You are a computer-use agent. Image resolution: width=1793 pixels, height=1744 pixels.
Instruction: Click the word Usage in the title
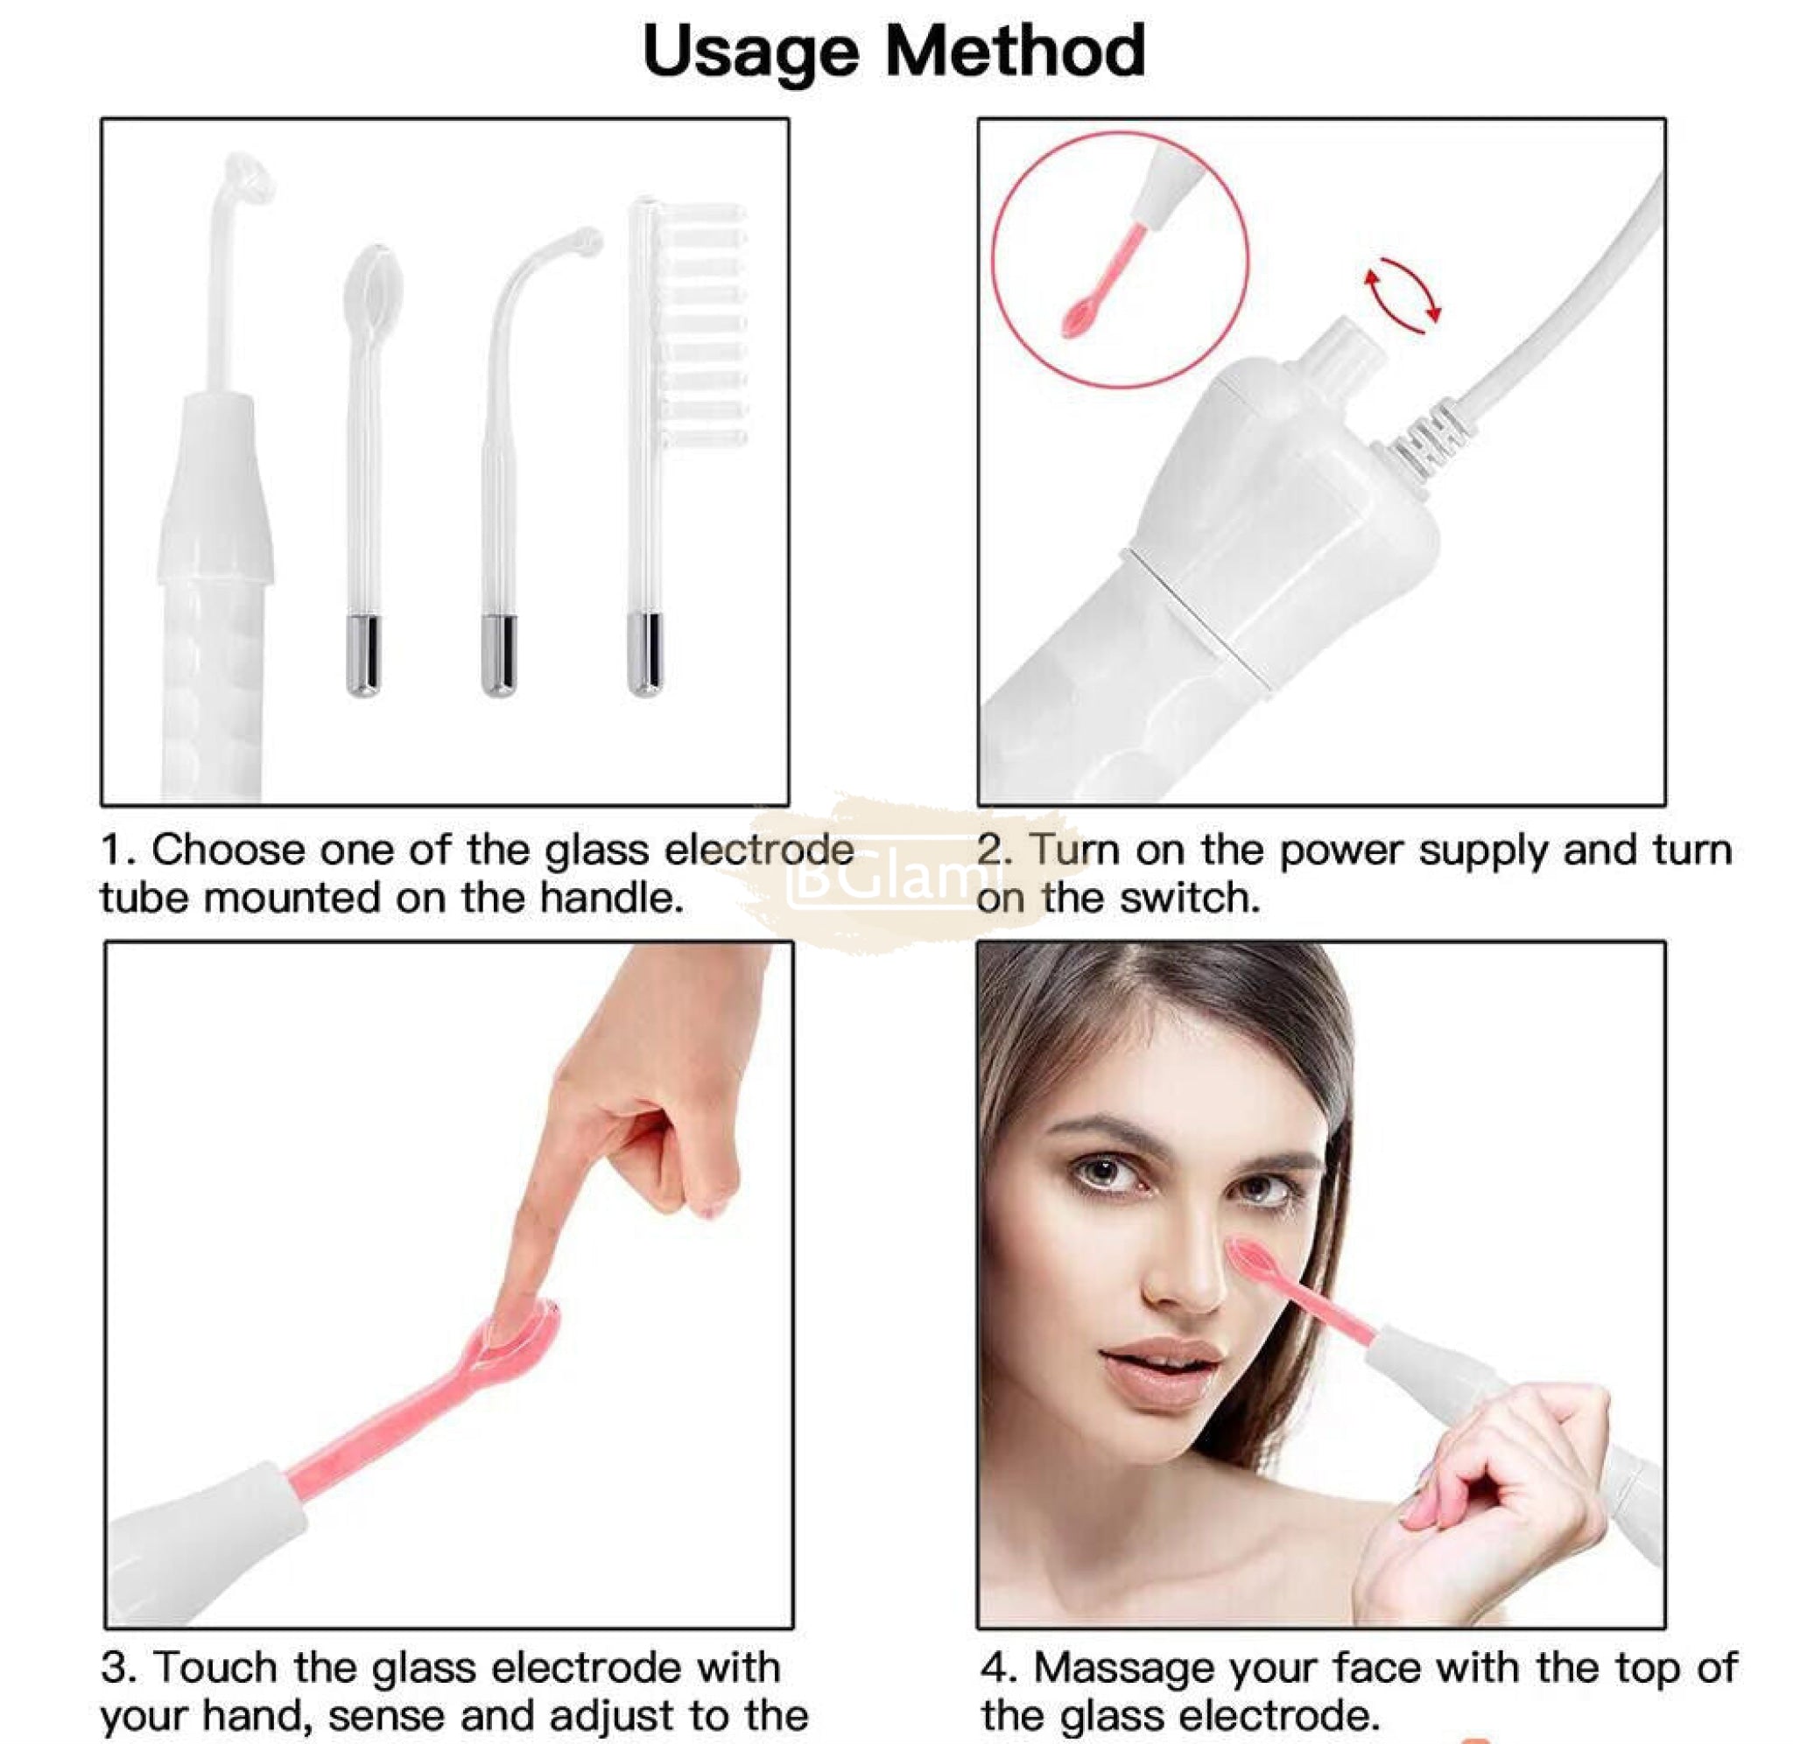[x=750, y=53]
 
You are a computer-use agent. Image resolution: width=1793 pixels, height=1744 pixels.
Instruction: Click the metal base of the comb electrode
[x=645, y=655]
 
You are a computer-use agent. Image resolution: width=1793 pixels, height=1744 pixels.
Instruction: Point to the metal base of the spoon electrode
[x=363, y=655]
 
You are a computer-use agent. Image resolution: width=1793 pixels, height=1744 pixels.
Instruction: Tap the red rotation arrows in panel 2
[x=1403, y=296]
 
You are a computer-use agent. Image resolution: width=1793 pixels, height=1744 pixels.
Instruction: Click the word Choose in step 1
[x=229, y=851]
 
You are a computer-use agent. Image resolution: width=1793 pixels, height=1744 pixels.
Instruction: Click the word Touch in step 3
[x=216, y=1667]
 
